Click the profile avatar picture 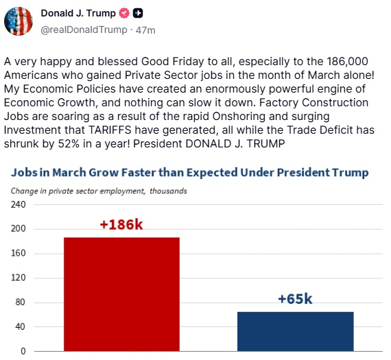pyautogui.click(x=19, y=20)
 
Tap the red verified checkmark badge pyautogui.click(x=123, y=13)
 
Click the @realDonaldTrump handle pyautogui.click(x=84, y=29)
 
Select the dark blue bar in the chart pyautogui.click(x=295, y=331)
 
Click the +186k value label pyautogui.click(x=121, y=224)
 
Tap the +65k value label pyautogui.click(x=295, y=299)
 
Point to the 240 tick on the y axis pyautogui.click(x=18, y=204)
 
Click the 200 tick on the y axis pyautogui.click(x=18, y=229)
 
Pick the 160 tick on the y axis pyautogui.click(x=18, y=254)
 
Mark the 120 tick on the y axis pyautogui.click(x=18, y=278)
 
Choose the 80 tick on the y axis pyautogui.click(x=19, y=302)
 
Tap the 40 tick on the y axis pyautogui.click(x=19, y=327)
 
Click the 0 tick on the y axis pyautogui.click(x=22, y=351)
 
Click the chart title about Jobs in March pyautogui.click(x=189, y=173)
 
